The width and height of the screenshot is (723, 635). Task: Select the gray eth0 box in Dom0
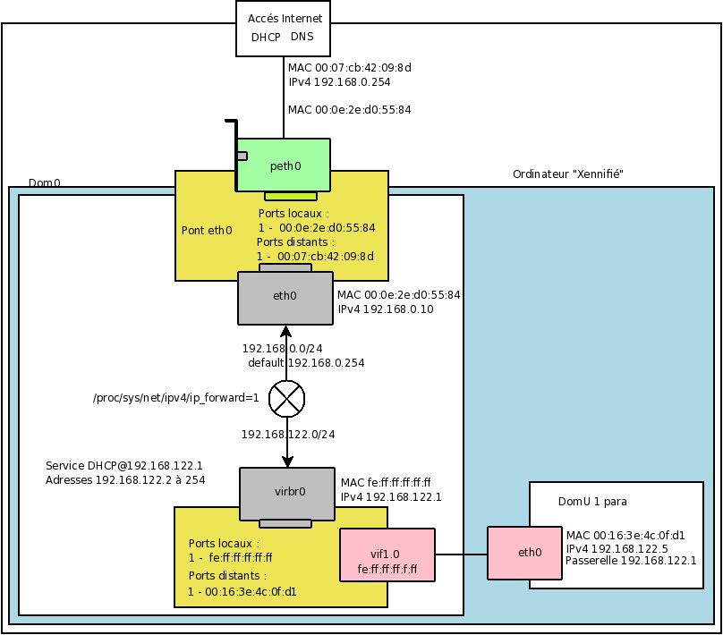(285, 298)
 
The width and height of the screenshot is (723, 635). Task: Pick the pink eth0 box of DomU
(530, 552)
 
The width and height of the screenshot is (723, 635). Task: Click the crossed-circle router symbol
(286, 399)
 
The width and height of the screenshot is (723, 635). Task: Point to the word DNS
(302, 37)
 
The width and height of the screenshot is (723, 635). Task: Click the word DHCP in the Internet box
(266, 37)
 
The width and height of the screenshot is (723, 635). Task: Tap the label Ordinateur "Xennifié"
(567, 174)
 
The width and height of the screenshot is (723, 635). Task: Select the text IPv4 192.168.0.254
(339, 81)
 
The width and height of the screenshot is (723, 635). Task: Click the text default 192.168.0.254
(306, 363)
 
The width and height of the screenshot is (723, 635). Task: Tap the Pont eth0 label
(207, 230)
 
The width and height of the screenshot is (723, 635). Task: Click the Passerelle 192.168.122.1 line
(631, 561)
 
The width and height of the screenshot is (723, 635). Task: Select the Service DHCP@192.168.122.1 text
(124, 466)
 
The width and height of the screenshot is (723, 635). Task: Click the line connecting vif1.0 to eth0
(461, 555)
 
